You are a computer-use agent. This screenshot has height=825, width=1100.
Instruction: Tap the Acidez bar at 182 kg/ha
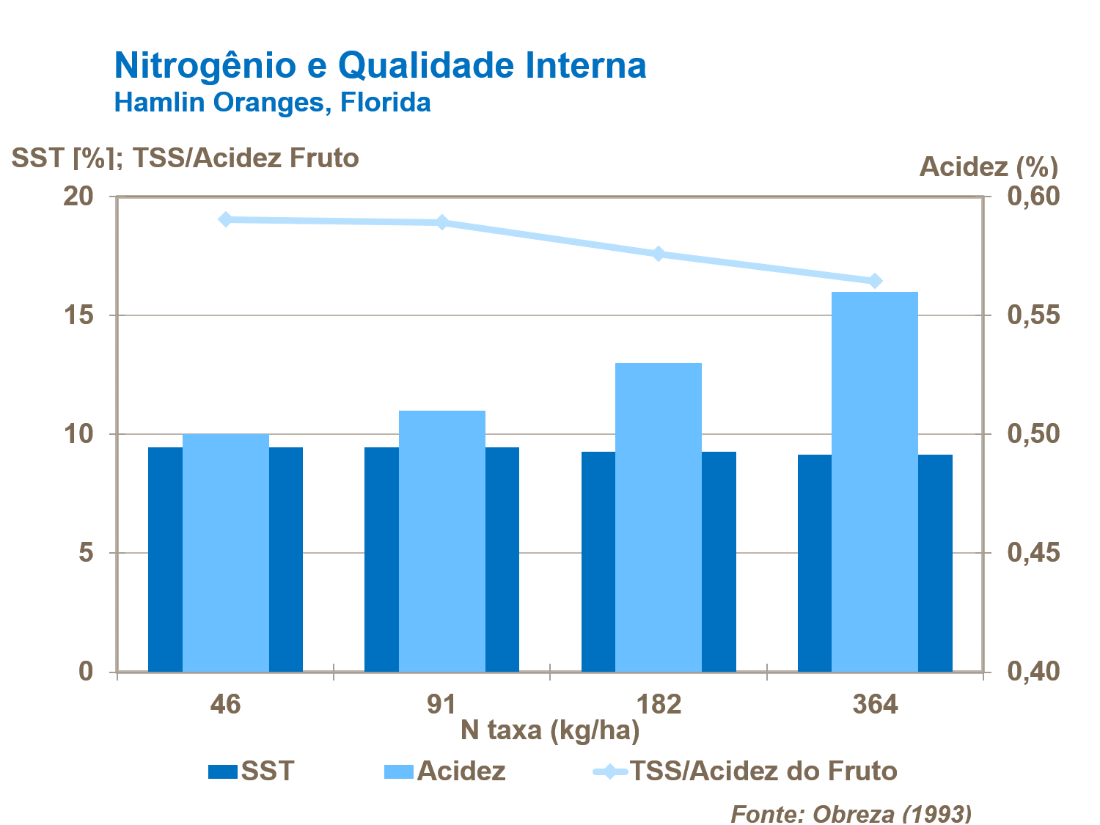coord(659,517)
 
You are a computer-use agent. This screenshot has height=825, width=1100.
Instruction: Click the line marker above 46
coord(226,219)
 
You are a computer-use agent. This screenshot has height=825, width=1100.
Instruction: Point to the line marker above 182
coord(659,254)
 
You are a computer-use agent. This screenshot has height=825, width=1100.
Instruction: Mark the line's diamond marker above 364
coord(875,281)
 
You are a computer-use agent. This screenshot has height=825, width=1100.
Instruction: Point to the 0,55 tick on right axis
coord(1033,315)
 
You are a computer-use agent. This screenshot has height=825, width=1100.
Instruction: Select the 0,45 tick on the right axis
coord(1033,552)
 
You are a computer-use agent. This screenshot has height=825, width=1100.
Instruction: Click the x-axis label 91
coord(441,705)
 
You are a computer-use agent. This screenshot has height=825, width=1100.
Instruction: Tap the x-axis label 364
coord(875,705)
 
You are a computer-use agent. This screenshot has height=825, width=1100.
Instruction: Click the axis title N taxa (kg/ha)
coord(550,730)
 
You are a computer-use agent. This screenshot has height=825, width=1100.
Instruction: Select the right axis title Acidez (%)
coord(989,166)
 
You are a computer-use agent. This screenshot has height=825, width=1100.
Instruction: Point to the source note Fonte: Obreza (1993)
coord(851,813)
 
